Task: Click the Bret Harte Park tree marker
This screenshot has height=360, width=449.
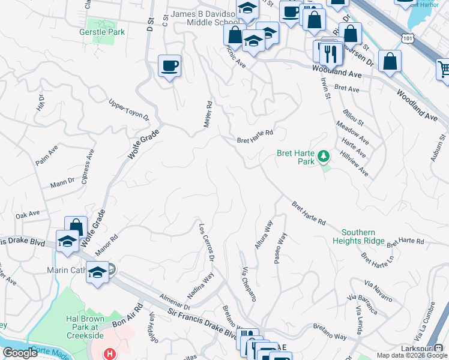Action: (324, 157)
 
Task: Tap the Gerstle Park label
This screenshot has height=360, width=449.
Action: (102, 32)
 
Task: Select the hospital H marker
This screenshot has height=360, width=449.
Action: (109, 354)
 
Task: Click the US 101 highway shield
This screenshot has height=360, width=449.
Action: (408, 38)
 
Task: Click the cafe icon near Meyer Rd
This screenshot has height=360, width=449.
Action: (169, 65)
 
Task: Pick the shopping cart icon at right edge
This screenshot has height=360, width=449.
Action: (444, 69)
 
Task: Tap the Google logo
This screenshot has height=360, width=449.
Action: (20, 353)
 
